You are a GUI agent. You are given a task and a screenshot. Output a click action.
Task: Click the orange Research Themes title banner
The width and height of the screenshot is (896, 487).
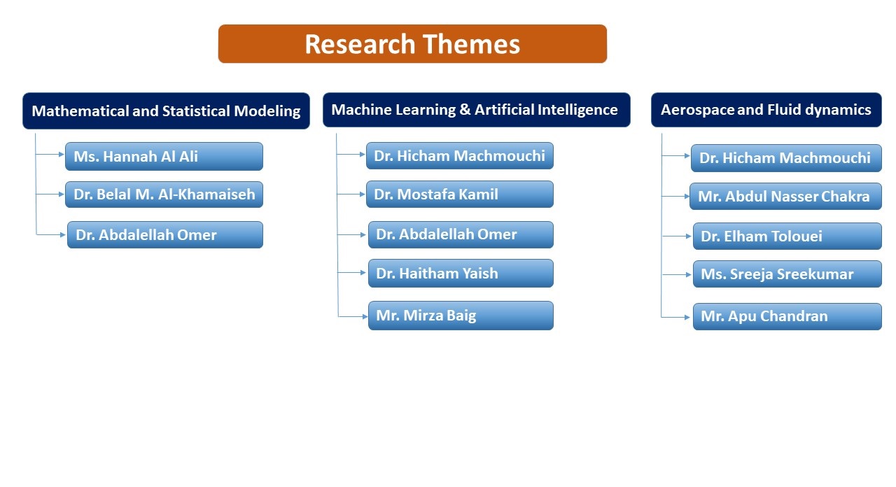[x=412, y=43]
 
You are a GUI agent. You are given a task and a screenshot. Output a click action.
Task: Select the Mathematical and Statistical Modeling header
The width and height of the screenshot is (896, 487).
[x=166, y=111]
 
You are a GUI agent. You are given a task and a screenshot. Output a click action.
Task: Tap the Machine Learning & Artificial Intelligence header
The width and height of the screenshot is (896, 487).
[x=477, y=110]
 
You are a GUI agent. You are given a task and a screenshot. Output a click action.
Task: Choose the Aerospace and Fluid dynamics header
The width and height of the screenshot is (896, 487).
[x=766, y=110]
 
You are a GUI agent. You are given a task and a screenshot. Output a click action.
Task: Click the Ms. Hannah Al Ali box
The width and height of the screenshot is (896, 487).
[x=164, y=156]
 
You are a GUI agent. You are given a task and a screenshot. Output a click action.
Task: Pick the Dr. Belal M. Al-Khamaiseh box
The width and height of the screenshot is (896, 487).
[x=164, y=195]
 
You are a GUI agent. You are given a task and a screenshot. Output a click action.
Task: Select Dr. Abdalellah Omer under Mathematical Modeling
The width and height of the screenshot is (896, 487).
[x=164, y=234]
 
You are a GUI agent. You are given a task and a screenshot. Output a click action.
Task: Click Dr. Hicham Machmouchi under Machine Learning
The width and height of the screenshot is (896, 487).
[x=460, y=155]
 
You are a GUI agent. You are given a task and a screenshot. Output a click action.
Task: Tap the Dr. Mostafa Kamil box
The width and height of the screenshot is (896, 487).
[x=460, y=194]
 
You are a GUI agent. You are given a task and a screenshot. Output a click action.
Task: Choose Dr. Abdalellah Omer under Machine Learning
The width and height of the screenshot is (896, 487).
[x=461, y=234]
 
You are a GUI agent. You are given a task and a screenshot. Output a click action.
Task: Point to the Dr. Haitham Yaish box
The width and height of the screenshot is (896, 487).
[x=461, y=273]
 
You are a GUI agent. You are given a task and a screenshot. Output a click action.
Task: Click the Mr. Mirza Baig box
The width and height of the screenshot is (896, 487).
[x=461, y=316]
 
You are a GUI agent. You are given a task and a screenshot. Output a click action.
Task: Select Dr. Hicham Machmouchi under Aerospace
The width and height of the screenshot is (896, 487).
[x=786, y=158]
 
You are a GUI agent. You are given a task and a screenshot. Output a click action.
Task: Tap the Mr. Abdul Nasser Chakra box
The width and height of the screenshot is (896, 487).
[x=785, y=197]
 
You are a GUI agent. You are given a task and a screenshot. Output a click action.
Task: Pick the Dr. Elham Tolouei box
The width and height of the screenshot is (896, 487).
[x=787, y=236]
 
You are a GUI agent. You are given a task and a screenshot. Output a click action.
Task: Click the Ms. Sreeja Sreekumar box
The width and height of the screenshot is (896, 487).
[x=787, y=274]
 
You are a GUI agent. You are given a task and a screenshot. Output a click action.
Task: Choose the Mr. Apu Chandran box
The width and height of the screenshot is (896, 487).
[x=787, y=316]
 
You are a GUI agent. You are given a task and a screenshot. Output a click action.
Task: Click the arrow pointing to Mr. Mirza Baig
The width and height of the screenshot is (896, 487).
[x=353, y=317]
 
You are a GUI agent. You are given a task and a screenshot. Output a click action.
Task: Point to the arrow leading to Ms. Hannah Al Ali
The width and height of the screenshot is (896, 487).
[x=50, y=154]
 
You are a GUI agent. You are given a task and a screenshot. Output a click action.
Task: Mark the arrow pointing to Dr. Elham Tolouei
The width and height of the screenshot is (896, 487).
[x=677, y=236]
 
